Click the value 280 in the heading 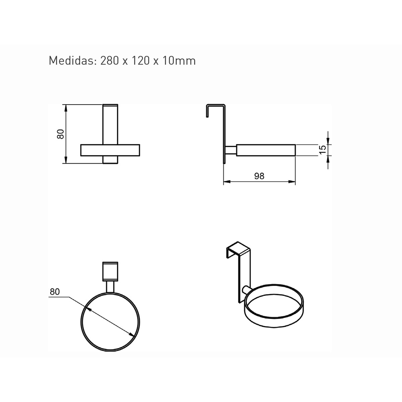click(110, 61)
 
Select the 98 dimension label click(259, 176)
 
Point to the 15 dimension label click(323, 150)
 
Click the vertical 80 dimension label click(61, 134)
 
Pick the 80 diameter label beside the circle click(55, 292)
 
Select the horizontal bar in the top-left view click(110, 150)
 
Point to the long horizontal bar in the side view click(266, 150)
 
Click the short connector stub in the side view click(231, 150)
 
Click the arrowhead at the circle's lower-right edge click(131, 334)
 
